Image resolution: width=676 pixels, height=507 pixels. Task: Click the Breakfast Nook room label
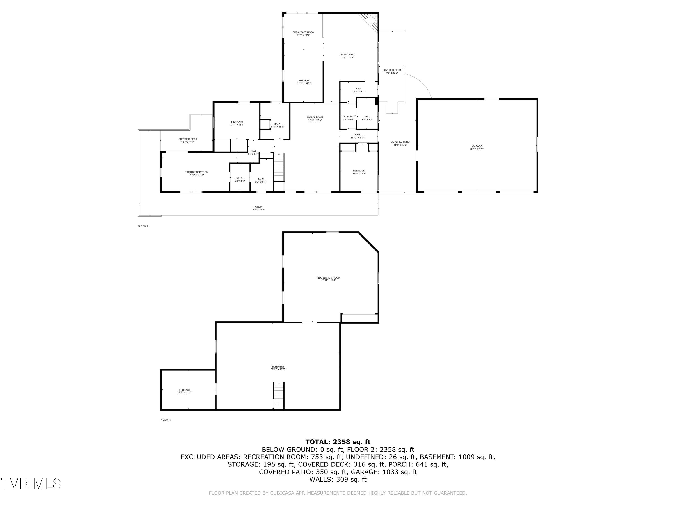(x=303, y=32)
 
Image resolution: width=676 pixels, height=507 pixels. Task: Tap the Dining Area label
(x=347, y=55)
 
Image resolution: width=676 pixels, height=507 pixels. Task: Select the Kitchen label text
(x=304, y=81)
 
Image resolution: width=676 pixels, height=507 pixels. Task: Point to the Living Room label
(x=315, y=118)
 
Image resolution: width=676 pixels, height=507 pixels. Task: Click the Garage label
(x=477, y=146)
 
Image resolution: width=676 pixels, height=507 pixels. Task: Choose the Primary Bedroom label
(x=196, y=172)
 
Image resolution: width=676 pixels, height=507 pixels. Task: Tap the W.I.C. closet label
(x=240, y=178)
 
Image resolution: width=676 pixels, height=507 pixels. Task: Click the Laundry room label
(x=348, y=116)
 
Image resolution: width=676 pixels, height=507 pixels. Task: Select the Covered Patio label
(x=400, y=142)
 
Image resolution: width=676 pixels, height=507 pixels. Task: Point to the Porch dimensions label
(x=258, y=210)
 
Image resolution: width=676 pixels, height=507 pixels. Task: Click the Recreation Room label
(x=328, y=278)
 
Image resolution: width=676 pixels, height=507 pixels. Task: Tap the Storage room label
(x=185, y=390)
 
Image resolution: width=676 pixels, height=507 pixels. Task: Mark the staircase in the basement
(x=279, y=394)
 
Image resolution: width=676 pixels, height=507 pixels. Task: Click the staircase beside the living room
(x=279, y=167)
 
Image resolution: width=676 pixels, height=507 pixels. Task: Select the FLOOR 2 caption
(x=143, y=226)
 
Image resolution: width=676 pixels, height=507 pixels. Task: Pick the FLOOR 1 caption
(x=166, y=420)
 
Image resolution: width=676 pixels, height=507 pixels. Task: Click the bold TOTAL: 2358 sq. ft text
(x=338, y=442)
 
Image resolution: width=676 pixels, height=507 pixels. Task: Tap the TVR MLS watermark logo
(x=31, y=484)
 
